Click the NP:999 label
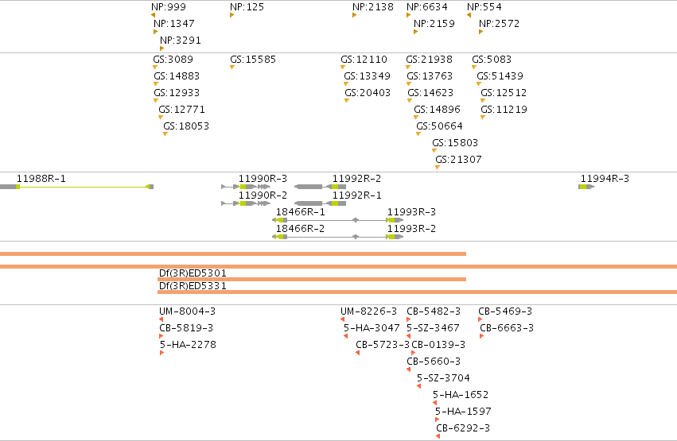[x=169, y=7]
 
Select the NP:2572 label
[x=499, y=24]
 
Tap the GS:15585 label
[x=253, y=60]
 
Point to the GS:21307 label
[x=458, y=160]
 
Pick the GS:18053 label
[x=186, y=126]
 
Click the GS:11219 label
[x=504, y=110]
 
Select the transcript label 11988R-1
[x=41, y=179]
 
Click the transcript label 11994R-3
[x=605, y=179]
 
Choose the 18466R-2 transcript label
[x=300, y=229]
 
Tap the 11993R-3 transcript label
[x=411, y=212]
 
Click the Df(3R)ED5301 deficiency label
[x=193, y=273]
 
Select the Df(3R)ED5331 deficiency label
[x=193, y=286]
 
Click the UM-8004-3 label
[x=188, y=311]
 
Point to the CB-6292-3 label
[x=463, y=428]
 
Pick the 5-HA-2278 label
[x=188, y=344]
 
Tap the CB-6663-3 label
[x=507, y=328]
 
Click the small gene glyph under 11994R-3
[x=586, y=187]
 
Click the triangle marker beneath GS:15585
[x=232, y=68]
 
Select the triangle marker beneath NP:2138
[x=354, y=15]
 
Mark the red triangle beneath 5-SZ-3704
[x=418, y=386]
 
